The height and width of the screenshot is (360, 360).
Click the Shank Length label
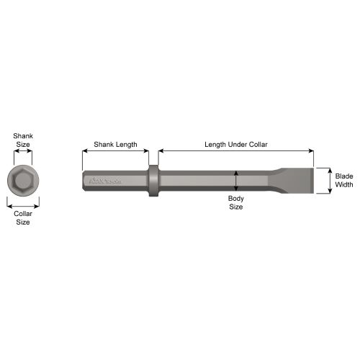115,145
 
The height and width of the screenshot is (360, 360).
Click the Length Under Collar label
236,145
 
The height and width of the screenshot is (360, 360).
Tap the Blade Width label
344,180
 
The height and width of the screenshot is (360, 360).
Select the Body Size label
236,202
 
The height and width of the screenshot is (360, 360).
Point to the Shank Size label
23,140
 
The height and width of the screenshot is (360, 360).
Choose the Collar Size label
23,217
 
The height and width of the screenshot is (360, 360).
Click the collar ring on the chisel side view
153,181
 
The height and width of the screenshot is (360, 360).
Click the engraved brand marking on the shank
105,181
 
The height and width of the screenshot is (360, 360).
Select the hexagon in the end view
23,180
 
